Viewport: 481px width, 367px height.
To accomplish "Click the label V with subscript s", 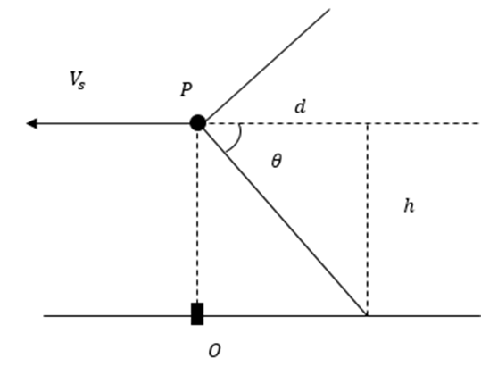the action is click(x=78, y=80).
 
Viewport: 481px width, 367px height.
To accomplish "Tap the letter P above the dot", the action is click(x=187, y=89).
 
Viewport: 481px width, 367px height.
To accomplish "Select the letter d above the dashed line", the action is click(x=301, y=107).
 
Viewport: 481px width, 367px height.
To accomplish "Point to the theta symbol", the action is click(x=277, y=161).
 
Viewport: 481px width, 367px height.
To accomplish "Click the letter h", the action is click(x=409, y=205).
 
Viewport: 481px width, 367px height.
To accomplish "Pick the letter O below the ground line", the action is click(x=214, y=350).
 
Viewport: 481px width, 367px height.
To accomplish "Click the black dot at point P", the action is click(x=198, y=123).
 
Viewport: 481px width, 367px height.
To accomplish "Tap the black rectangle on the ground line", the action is click(x=197, y=313).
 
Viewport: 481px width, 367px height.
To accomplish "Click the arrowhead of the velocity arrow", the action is click(x=32, y=123).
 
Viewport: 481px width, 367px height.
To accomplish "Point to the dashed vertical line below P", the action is click(x=197, y=217).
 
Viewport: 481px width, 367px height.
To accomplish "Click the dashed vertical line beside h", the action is click(x=367, y=220).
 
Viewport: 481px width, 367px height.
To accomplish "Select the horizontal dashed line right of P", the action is click(x=344, y=123).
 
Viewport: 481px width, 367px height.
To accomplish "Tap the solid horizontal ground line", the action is click(x=262, y=315).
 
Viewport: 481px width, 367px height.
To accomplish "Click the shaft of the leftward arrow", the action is click(x=113, y=123).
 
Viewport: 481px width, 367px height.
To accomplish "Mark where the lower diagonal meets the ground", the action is click(x=366, y=315).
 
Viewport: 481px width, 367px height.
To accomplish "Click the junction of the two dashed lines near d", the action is click(x=367, y=123).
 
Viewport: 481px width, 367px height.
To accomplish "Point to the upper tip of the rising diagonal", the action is click(x=330, y=9).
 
